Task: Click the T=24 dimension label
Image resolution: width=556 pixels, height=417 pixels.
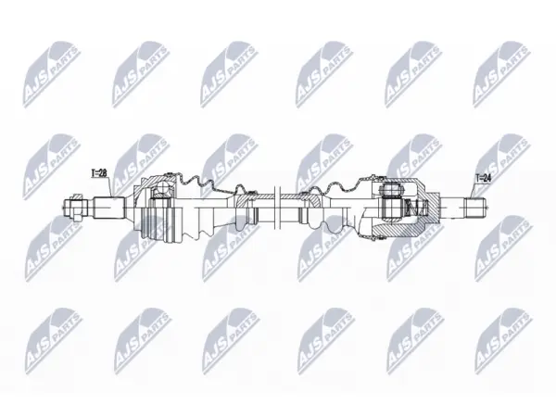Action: pos(484,178)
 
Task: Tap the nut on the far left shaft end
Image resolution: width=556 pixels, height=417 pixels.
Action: pos(77,207)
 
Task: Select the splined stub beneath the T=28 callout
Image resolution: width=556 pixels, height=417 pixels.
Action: pos(109,208)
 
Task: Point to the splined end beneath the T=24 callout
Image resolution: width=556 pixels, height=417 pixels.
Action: pos(474,208)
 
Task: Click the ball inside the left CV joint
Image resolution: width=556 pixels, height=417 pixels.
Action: pos(163,188)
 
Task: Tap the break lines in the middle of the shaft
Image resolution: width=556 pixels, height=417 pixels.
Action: pos(278,207)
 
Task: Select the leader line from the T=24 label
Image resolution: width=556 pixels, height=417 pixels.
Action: pos(473,190)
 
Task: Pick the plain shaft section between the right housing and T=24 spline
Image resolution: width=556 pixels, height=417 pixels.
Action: pos(452,208)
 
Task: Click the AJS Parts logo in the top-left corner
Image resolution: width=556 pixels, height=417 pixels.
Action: pos(51,74)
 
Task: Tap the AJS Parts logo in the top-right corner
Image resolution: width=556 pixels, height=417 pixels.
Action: pos(501,74)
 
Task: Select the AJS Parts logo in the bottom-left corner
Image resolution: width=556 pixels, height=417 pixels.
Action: pos(53,341)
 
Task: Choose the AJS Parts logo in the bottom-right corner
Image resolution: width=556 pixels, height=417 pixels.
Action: pos(503,341)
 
